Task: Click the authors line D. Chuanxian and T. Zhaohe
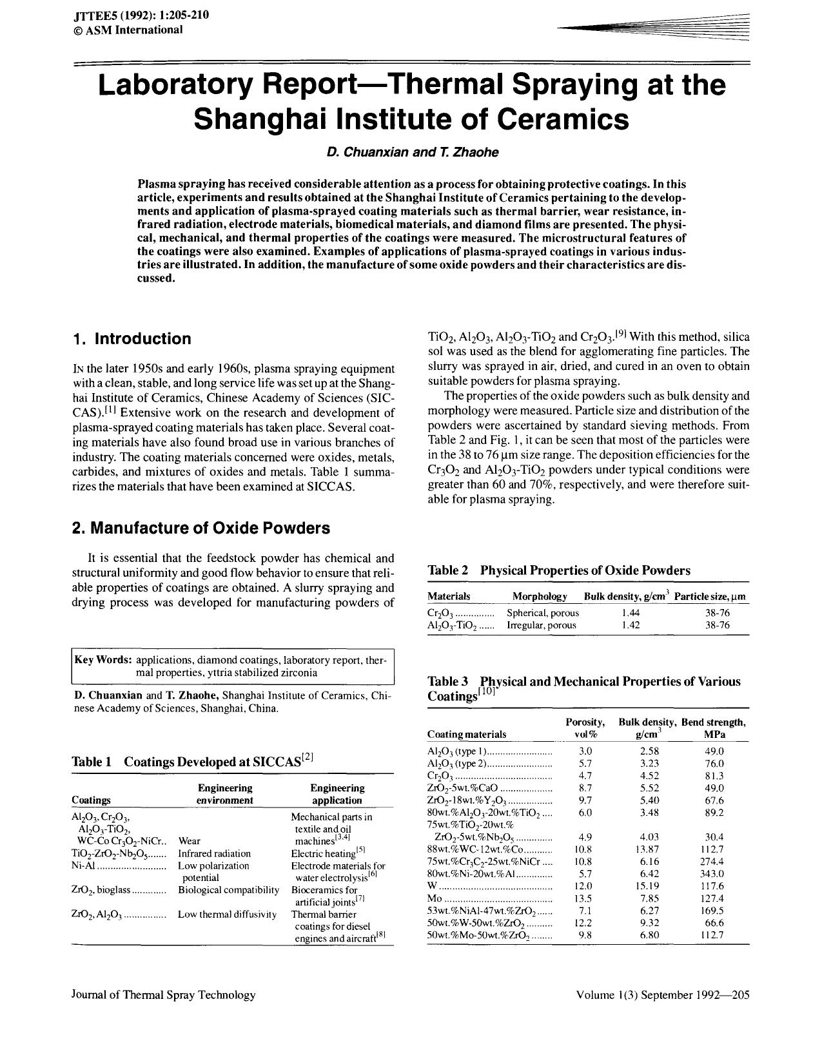coord(412,152)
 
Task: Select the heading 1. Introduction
coord(132,339)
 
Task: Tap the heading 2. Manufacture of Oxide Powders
coord(201,528)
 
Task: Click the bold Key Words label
coord(103,660)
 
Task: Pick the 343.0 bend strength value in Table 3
coord(714,874)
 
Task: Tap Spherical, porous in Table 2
coord(543,613)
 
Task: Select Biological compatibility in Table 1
coord(228,890)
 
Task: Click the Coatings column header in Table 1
coord(91,800)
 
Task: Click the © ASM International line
coord(128,30)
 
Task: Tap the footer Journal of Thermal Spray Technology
coord(163,994)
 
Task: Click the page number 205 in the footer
coord(741,994)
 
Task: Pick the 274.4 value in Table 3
coord(714,862)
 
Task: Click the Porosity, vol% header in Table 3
coord(585,728)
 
